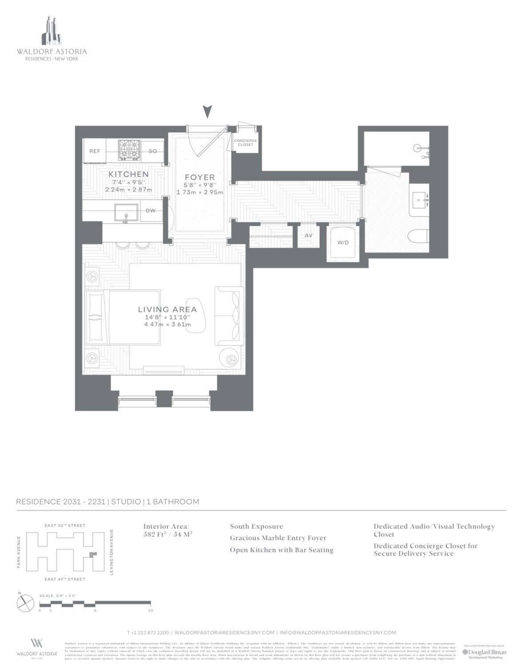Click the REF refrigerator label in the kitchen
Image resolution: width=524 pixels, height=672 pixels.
click(x=95, y=151)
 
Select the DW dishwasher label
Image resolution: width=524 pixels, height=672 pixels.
click(x=151, y=211)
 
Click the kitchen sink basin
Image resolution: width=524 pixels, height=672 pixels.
click(x=126, y=213)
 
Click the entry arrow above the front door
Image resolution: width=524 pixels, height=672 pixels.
click(x=207, y=112)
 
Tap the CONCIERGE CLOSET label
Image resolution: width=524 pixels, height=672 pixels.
click(x=245, y=143)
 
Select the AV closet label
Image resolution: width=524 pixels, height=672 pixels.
click(x=308, y=236)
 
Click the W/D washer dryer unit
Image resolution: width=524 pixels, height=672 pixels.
click(x=343, y=243)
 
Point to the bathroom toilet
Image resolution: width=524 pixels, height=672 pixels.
click(x=419, y=236)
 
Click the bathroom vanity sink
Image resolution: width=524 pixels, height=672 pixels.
click(x=420, y=200)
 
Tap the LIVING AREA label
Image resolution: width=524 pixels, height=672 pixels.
click(x=167, y=310)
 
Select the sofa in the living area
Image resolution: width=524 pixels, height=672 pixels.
click(x=229, y=315)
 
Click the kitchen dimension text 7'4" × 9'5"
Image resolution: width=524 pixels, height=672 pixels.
click(x=128, y=182)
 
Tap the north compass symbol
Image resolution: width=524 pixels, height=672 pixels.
click(x=25, y=603)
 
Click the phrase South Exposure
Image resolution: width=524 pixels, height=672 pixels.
click(x=256, y=527)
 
